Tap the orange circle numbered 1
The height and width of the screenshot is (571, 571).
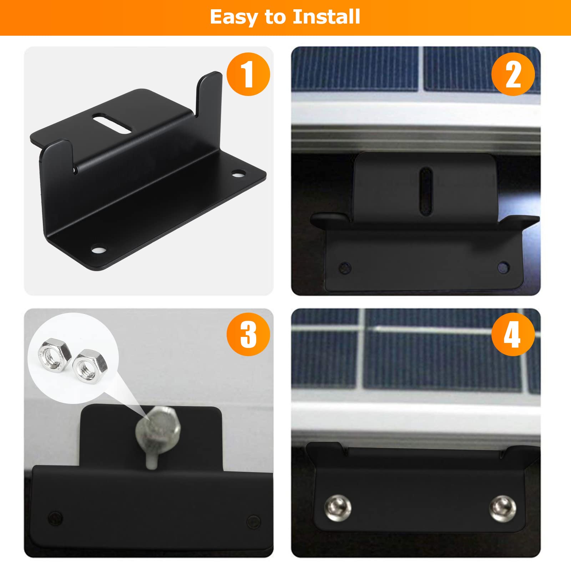[248, 74]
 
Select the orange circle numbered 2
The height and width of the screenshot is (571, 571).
[513, 74]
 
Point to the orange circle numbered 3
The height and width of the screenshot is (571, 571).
[248, 334]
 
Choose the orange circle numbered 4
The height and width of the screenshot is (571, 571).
[513, 334]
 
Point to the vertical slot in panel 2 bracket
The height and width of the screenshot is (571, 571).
[426, 191]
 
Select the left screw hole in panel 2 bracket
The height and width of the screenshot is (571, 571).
[345, 267]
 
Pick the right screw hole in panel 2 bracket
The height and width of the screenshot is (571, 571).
[503, 267]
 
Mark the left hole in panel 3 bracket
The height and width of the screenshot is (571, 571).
[55, 517]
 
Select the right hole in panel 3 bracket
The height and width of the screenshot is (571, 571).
[253, 522]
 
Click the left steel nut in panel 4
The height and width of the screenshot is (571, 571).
[338, 507]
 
